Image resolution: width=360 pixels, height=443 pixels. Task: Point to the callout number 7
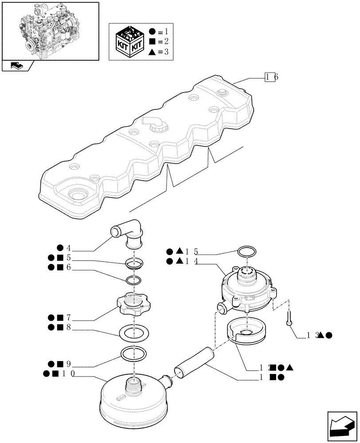pos(69,318)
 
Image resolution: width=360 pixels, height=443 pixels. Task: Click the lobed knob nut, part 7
pos(132,305)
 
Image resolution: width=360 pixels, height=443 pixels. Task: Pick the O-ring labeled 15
pos(246,253)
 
